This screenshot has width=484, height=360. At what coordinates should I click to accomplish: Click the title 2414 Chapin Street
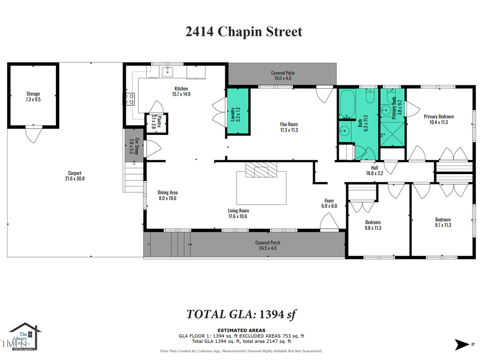[x=244, y=32]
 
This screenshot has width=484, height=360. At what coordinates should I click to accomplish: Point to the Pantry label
[x=154, y=121]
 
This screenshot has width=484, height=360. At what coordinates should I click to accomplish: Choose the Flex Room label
[x=289, y=126]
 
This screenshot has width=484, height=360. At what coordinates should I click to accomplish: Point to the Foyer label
[x=329, y=202]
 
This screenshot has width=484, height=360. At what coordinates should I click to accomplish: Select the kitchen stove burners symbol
[x=130, y=99]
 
